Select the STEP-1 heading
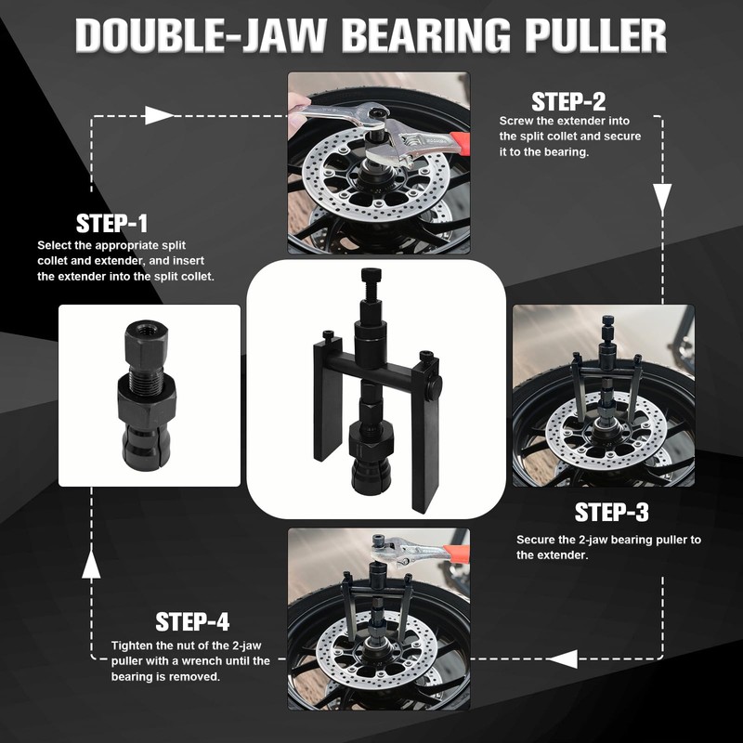[x=111, y=224]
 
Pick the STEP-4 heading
[x=192, y=621]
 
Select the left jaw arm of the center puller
[x=327, y=399]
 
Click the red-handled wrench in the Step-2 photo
[x=437, y=143]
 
